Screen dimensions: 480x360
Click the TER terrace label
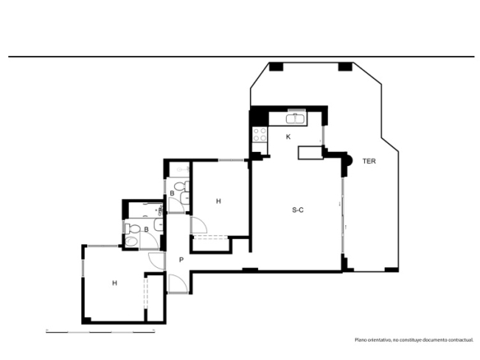[369, 161]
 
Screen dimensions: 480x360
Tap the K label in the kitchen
[288, 136]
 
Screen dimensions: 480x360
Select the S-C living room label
[298, 210]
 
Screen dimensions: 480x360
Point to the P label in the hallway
[181, 260]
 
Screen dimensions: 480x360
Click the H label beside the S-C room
[219, 201]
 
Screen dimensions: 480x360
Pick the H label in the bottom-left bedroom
[114, 283]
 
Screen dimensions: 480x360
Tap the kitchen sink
[295, 118]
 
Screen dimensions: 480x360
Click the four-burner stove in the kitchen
[260, 135]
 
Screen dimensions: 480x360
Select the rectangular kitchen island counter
[311, 153]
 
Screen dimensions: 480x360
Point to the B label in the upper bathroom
[172, 193]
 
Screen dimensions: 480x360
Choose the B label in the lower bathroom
[146, 229]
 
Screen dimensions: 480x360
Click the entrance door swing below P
[178, 284]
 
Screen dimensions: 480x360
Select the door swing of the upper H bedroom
[199, 225]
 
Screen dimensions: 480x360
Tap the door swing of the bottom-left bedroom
[157, 261]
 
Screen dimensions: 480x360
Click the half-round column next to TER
[349, 160]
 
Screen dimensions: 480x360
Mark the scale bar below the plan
[100, 331]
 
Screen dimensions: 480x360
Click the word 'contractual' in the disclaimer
[461, 339]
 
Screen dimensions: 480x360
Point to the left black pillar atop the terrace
[276, 67]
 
